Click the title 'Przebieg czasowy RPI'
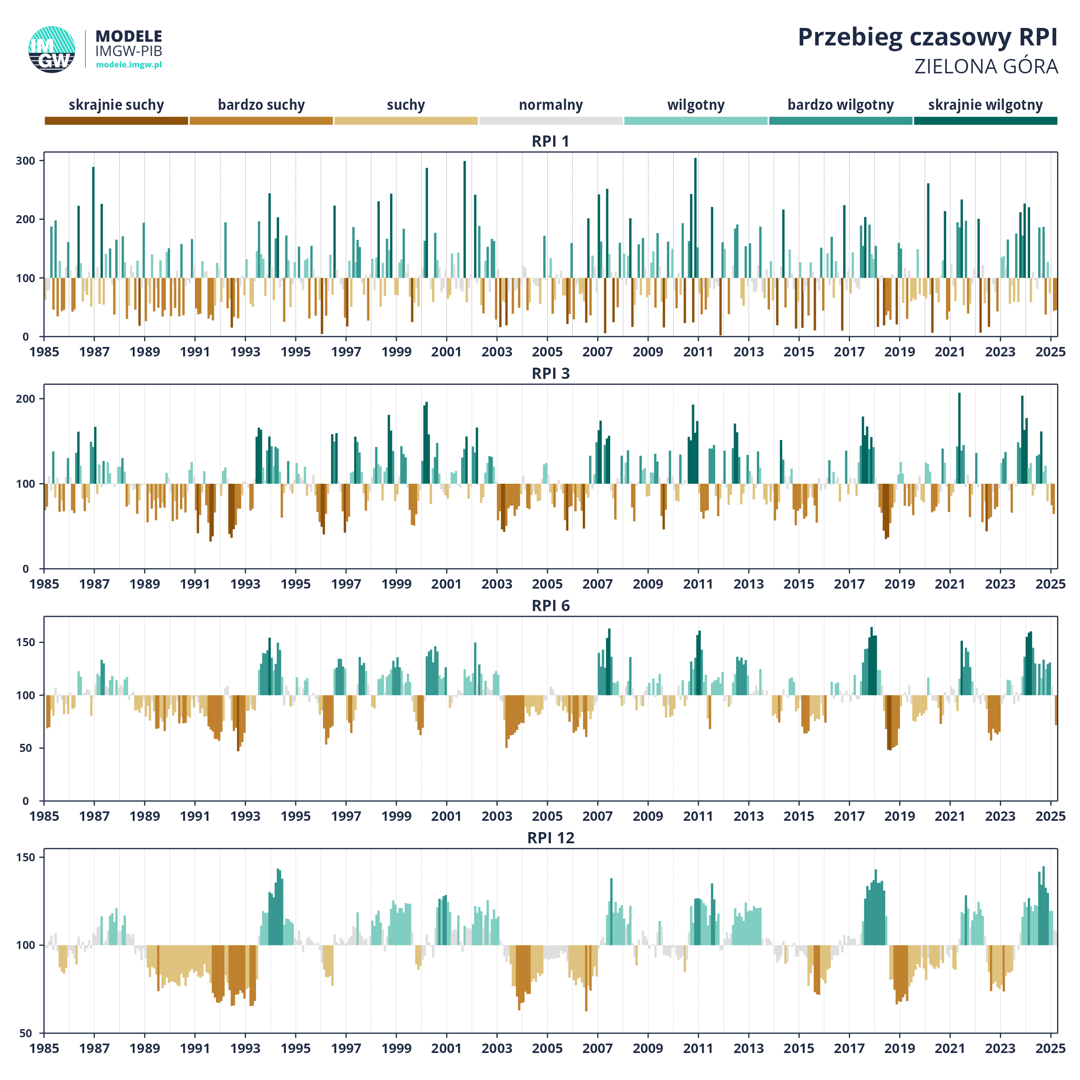click(x=927, y=38)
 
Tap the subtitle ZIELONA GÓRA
click(x=986, y=67)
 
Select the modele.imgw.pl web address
click(x=129, y=65)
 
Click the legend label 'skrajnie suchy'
click(x=116, y=105)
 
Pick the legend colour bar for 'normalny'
click(x=551, y=121)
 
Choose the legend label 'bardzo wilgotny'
click(x=840, y=105)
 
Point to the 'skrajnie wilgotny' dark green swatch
click(x=985, y=121)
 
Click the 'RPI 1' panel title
click(x=551, y=141)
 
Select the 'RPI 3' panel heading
click(x=551, y=373)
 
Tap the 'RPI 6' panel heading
click(x=551, y=606)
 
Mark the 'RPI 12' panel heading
click(x=551, y=838)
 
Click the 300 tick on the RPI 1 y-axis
click(x=25, y=161)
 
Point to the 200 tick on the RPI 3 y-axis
click(x=25, y=399)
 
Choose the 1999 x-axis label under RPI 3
click(x=396, y=584)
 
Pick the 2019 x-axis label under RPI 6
click(x=900, y=817)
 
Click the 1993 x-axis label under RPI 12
click(x=245, y=1048)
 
